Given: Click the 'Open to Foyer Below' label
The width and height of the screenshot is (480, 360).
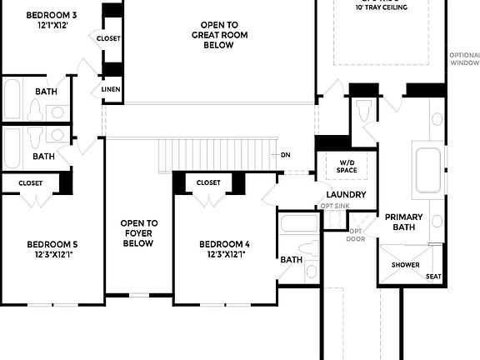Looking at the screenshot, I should (139, 233).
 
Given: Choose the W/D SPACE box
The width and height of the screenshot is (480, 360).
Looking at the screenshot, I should (347, 167).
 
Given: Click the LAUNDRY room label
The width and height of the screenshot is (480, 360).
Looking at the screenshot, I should (347, 195).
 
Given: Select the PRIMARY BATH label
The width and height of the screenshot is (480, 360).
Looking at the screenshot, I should (403, 222).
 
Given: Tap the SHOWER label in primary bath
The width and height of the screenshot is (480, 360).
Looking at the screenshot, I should (406, 265).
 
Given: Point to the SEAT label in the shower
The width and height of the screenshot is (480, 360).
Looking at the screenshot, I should (433, 277).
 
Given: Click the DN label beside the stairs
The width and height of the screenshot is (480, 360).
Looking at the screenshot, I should (285, 155).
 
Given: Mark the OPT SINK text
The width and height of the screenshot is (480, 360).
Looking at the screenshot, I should (336, 207).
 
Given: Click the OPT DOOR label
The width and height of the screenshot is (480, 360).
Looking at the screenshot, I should (356, 235).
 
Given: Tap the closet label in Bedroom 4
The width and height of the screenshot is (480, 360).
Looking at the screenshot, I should (208, 182).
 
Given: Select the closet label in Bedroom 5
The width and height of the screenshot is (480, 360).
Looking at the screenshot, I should (30, 182).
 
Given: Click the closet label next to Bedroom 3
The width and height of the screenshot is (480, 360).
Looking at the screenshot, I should (108, 38).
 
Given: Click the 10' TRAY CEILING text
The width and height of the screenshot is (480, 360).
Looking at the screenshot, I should (382, 7).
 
